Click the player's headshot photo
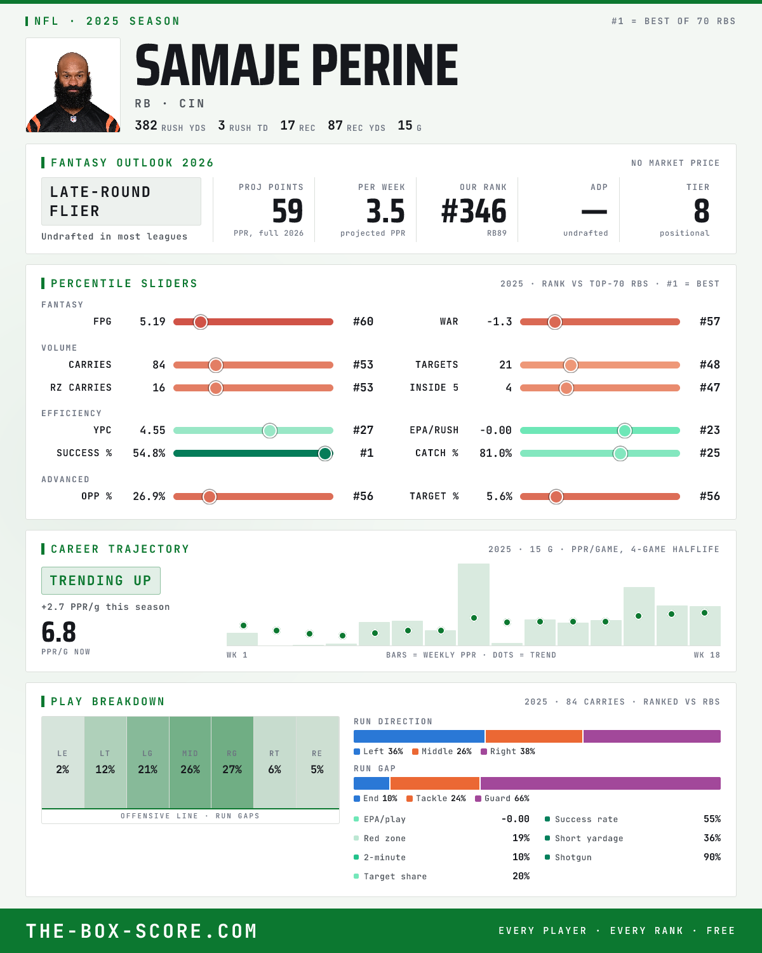(73, 85)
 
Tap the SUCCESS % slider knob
(325, 454)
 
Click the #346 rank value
(474, 211)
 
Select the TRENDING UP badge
(101, 581)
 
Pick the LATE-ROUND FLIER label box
(121, 201)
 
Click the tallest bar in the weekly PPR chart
(473, 604)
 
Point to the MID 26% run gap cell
(190, 762)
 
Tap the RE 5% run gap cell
(317, 762)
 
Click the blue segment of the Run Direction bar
(419, 736)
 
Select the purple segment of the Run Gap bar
(600, 783)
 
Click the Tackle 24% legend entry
(436, 799)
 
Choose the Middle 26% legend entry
(442, 752)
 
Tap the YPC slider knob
(270, 431)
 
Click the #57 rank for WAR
(710, 321)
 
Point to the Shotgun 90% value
(712, 857)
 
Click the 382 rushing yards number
(146, 126)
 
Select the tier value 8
(701, 211)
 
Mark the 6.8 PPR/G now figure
(59, 632)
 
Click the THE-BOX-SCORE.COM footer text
(142, 931)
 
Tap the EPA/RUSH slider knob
(625, 431)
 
